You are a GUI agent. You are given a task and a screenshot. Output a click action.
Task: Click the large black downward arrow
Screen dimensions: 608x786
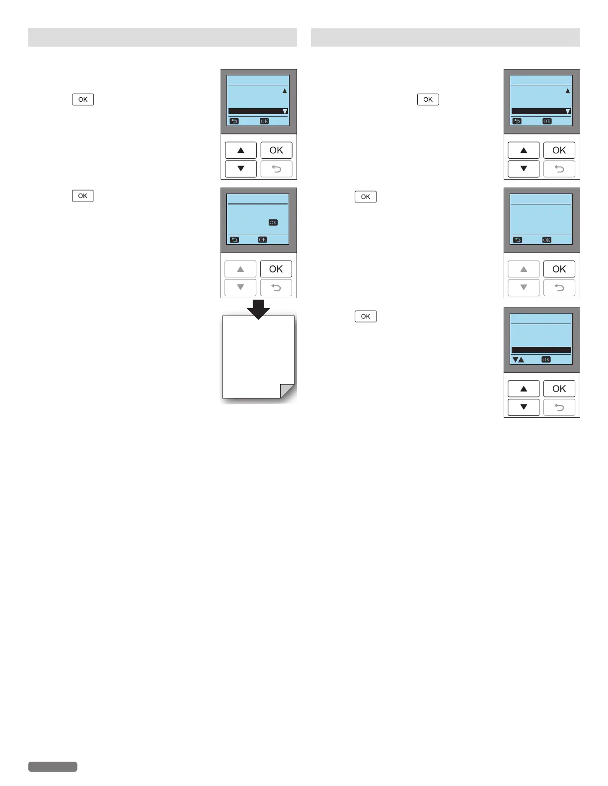(x=258, y=309)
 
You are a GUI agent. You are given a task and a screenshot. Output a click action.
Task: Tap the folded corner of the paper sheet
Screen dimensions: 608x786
(x=288, y=391)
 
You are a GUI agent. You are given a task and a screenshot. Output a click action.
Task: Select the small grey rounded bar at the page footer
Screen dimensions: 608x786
(x=53, y=767)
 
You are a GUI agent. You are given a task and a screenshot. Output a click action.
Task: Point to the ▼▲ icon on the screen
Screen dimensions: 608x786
(x=518, y=360)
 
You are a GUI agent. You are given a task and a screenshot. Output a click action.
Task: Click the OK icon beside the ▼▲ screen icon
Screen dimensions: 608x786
(x=546, y=360)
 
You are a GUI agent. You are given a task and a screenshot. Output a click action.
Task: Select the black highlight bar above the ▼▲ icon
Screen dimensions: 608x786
(x=541, y=350)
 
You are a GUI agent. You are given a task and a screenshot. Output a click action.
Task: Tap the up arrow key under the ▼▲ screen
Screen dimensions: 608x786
(x=524, y=389)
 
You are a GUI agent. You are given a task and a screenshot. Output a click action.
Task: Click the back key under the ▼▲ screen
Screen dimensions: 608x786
(x=559, y=407)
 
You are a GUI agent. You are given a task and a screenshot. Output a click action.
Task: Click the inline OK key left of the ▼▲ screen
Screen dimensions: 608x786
(x=366, y=316)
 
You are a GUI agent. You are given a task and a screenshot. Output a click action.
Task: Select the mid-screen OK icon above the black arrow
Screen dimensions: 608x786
(x=273, y=222)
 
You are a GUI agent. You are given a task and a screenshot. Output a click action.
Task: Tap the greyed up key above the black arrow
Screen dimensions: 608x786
(x=240, y=269)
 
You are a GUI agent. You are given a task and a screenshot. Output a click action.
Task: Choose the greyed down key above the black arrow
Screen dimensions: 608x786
(x=240, y=287)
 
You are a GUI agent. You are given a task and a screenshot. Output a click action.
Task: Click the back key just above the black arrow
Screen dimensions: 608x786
(x=276, y=287)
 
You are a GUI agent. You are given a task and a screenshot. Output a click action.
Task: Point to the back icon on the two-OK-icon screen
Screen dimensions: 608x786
(x=234, y=240)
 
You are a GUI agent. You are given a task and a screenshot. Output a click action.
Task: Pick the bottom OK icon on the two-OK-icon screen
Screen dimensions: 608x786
(x=262, y=240)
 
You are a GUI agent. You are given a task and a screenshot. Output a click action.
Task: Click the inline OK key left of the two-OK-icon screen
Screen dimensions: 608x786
(x=82, y=196)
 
